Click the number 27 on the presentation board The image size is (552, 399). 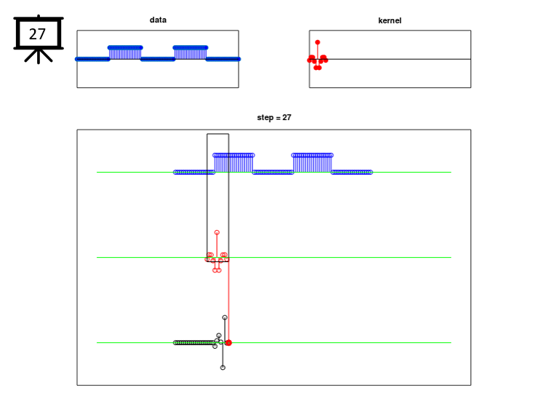coord(37,33)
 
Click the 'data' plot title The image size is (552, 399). coord(158,20)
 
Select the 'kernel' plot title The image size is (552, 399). coord(389,20)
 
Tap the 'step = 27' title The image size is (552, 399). coord(273,117)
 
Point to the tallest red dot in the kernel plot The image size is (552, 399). coord(317,42)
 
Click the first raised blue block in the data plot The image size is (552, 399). coord(125,52)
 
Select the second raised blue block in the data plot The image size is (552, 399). coord(190,52)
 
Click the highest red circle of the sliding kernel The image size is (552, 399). coord(217,232)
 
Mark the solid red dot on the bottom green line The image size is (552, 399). coord(228,342)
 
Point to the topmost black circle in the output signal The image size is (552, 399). coord(225,317)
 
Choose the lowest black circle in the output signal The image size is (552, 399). coord(223,367)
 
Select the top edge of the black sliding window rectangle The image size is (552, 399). coord(217,134)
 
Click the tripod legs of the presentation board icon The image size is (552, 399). coord(38,55)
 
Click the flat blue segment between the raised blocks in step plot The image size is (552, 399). coord(273,172)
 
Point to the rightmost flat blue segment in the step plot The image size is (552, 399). coord(352,172)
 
